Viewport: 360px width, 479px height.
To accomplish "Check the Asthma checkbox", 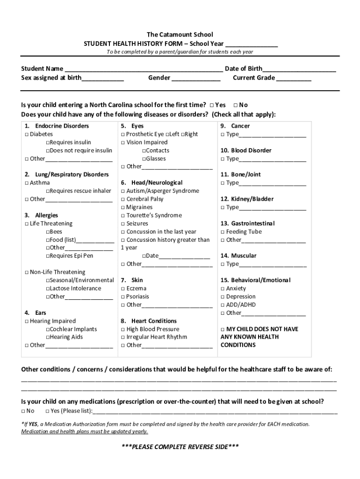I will tap(27, 183).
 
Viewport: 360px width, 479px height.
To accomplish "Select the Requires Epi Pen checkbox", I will tap(48, 256).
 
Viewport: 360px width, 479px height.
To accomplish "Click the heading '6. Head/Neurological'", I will tap(151, 182).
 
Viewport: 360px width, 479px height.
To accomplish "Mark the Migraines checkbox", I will tap(123, 207).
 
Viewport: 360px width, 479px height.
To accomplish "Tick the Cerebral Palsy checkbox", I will tap(123, 199).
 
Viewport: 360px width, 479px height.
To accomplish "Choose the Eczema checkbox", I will tap(123, 289).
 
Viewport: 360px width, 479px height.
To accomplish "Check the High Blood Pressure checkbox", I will tap(123, 329).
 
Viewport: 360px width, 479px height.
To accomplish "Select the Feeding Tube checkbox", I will tap(223, 232).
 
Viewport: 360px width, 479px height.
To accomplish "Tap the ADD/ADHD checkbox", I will tap(223, 305).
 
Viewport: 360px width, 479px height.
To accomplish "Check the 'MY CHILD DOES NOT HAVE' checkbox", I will tap(223, 329).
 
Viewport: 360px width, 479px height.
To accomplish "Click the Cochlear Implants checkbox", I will tap(48, 329).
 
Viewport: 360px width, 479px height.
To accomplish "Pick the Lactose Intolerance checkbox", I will tap(48, 289).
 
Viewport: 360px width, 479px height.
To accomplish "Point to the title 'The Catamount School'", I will tap(180, 35).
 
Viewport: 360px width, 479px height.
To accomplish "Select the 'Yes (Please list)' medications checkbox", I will tap(47, 411).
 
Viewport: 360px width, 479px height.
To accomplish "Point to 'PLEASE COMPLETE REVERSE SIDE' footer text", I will tap(180, 446).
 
